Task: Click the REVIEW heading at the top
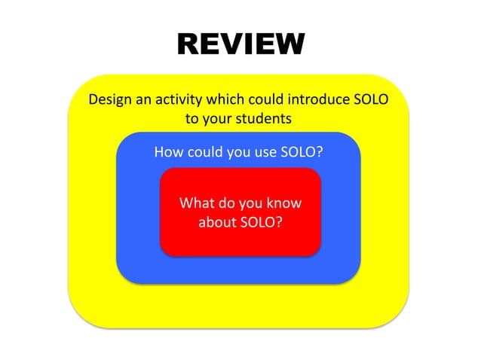(240, 44)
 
